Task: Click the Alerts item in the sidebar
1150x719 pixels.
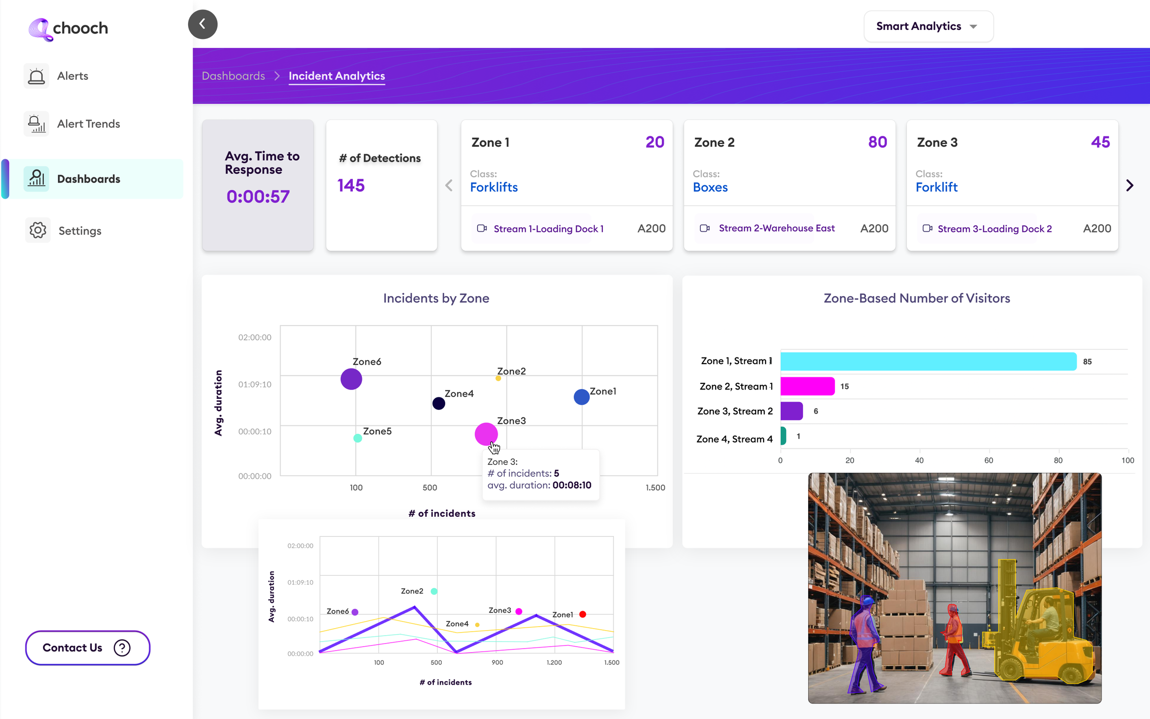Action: pos(72,76)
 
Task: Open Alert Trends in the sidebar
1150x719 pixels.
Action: pos(88,124)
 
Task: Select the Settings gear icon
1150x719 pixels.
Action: pos(37,230)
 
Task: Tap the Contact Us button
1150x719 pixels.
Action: pos(87,648)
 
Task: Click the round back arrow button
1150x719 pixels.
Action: pos(203,24)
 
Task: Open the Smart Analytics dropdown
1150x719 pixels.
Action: pos(928,26)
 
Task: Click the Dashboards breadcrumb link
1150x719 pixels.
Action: pos(233,76)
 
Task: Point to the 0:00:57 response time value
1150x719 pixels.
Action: pos(258,197)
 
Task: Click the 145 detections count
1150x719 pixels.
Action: pos(351,186)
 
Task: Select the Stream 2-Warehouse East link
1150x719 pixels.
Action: pos(776,228)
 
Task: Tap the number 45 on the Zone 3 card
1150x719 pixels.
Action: pos(1100,142)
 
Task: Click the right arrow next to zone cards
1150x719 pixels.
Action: pos(1130,186)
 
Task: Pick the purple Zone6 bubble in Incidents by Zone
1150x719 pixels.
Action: pos(351,379)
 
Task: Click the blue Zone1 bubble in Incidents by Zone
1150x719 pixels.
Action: pos(581,397)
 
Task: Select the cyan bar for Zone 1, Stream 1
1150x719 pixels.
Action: pos(928,361)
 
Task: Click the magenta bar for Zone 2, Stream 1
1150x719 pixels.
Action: pos(807,386)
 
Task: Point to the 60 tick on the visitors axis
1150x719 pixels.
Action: pos(988,460)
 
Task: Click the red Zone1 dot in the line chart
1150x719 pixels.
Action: pos(582,614)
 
